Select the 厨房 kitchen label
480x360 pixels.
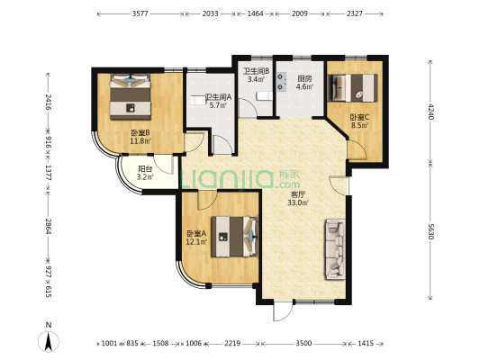[305, 78]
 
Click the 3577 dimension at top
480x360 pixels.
[140, 14]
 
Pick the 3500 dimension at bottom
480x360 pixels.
[303, 344]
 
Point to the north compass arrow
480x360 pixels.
[50, 340]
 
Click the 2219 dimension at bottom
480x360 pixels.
[232, 344]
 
